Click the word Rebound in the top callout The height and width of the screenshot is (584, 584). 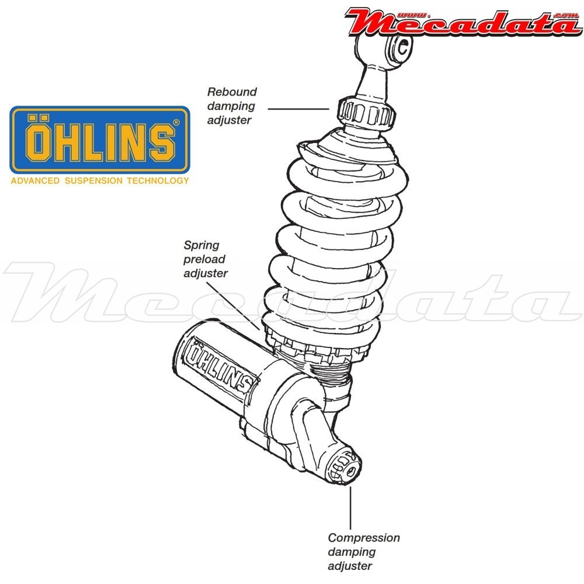pos(232,92)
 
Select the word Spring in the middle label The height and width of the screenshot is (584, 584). pos(201,245)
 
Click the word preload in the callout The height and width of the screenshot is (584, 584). pos(204,259)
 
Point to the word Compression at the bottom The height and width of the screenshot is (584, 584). pos(364,538)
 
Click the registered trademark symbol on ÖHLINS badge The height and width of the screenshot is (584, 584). pos(176,123)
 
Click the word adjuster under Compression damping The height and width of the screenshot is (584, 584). pos(350,565)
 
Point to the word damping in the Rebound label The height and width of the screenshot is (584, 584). pos(232,106)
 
